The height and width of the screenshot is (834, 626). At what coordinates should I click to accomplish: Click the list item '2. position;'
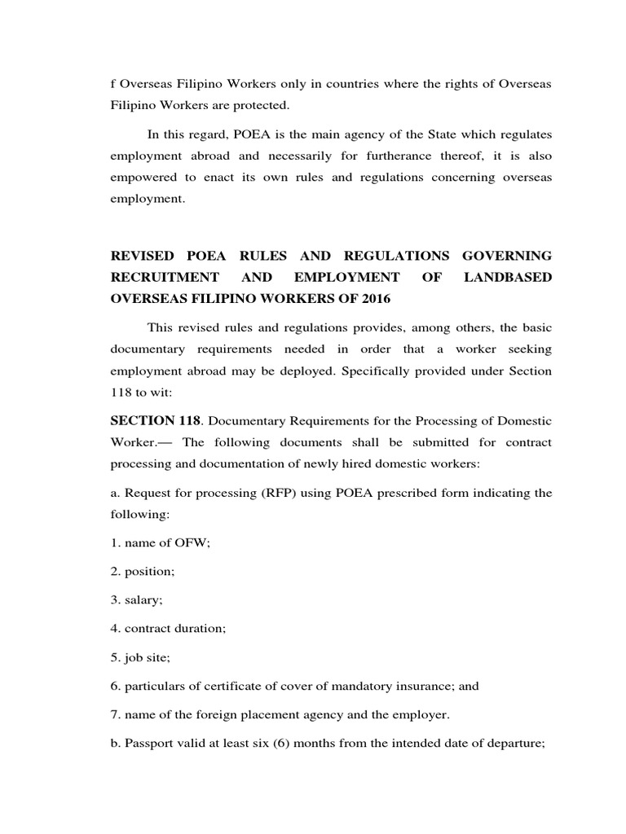(143, 572)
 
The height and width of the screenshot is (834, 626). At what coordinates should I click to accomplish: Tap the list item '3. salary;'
(137, 600)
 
